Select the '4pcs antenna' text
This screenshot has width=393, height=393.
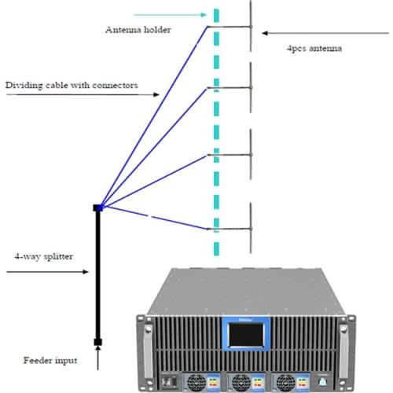[314, 49]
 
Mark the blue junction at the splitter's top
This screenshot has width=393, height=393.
[99, 208]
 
